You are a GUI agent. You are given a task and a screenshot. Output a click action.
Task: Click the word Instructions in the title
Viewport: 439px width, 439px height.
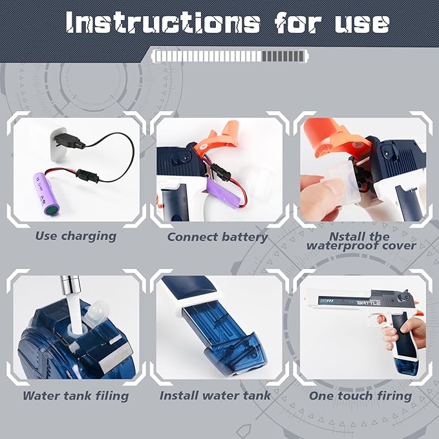tap(163, 23)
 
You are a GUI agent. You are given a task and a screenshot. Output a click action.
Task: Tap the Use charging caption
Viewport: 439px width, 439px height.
tap(76, 236)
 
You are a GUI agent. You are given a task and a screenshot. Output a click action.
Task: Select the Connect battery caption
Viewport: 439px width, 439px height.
tap(217, 237)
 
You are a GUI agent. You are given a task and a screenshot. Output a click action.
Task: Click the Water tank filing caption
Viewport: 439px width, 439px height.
tap(76, 396)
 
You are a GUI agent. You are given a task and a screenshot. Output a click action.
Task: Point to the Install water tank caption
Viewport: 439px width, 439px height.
tap(215, 395)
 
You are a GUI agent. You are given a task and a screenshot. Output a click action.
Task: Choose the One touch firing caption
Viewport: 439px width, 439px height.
tap(360, 396)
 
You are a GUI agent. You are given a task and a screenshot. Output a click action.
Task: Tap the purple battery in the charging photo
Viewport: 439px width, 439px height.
tap(46, 194)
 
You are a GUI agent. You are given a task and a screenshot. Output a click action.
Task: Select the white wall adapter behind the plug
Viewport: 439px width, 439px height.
tap(58, 144)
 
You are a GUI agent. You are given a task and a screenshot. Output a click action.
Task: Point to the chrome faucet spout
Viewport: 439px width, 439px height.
tap(71, 284)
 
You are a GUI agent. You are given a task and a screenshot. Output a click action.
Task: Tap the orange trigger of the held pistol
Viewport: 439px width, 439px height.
tap(381, 319)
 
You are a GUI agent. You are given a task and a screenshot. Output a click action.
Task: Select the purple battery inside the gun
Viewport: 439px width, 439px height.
tap(223, 193)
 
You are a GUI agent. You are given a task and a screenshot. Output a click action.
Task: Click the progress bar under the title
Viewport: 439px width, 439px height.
tap(230, 56)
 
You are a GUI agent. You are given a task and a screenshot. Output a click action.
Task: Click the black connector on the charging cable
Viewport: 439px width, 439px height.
tap(87, 176)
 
